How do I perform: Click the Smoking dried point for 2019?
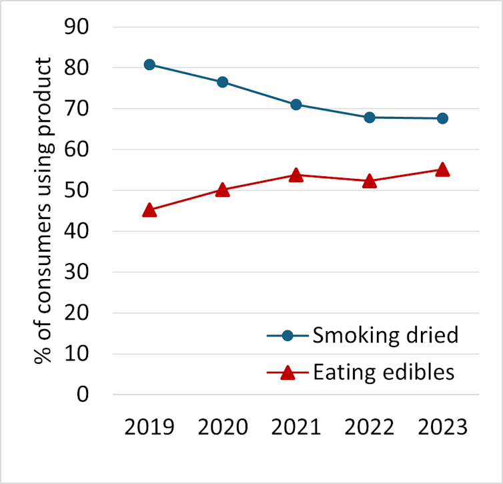pyautogui.click(x=149, y=65)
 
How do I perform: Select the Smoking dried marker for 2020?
pyautogui.click(x=223, y=82)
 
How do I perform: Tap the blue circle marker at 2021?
pyautogui.click(x=296, y=104)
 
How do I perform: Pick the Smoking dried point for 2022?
pyautogui.click(x=370, y=117)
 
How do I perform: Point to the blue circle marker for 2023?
pyautogui.click(x=442, y=118)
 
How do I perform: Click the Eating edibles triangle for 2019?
pyautogui.click(x=149, y=210)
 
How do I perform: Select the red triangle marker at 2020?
pyautogui.click(x=223, y=190)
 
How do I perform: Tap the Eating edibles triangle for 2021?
pyautogui.click(x=296, y=176)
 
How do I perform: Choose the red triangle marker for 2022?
pyautogui.click(x=370, y=182)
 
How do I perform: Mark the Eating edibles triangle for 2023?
pyautogui.click(x=442, y=170)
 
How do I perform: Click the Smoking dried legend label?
pyautogui.click(x=385, y=334)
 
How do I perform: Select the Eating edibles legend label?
pyautogui.click(x=384, y=372)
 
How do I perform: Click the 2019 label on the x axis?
pyautogui.click(x=149, y=427)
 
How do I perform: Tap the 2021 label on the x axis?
pyautogui.click(x=296, y=427)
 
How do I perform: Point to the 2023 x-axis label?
pyautogui.click(x=442, y=427)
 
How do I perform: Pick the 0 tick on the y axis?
pyautogui.click(x=83, y=395)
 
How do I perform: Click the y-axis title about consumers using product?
pyautogui.click(x=43, y=210)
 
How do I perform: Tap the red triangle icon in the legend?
pyautogui.click(x=288, y=372)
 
